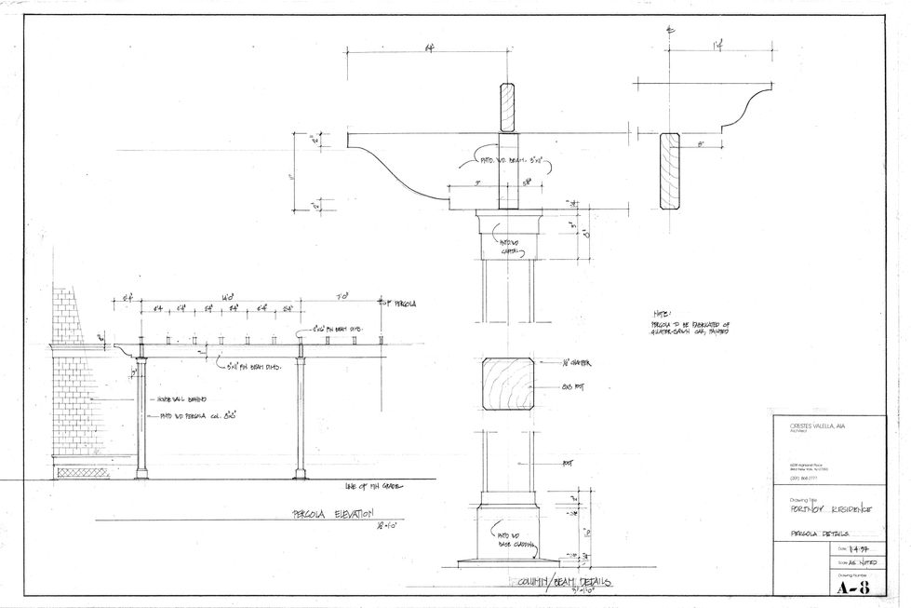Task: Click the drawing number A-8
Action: pos(854,587)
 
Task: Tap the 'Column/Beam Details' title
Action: pos(558,582)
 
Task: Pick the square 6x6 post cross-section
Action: pos(507,384)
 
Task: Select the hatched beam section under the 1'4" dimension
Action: pos(671,170)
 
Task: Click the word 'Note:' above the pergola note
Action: pos(662,314)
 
